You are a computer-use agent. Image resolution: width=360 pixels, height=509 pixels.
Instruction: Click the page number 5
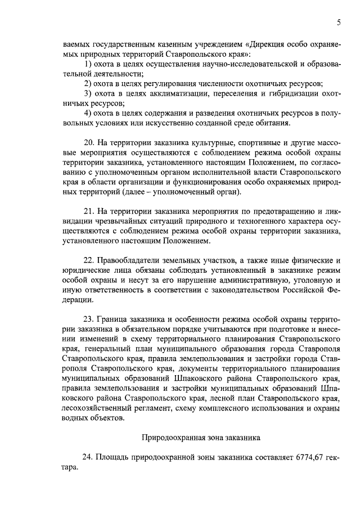339,22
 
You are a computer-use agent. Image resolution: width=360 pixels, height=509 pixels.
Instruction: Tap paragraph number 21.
89,211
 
